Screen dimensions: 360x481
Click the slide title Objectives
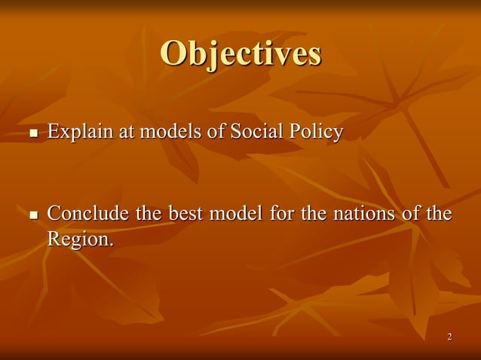coord(240,53)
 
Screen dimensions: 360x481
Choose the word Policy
coord(314,133)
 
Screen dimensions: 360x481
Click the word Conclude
coord(89,215)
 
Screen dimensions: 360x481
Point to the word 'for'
coord(282,215)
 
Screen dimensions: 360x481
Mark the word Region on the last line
coord(78,239)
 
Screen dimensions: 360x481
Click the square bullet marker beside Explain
coord(32,135)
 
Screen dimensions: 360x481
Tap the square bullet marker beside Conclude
coord(32,217)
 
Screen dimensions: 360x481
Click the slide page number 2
coord(449,336)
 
